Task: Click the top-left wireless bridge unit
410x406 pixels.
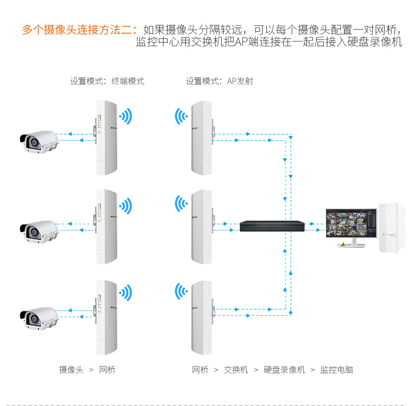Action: tap(107, 138)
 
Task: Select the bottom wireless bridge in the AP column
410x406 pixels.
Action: tap(202, 316)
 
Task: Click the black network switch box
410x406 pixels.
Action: tap(271, 226)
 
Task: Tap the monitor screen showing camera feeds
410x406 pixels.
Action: tap(351, 226)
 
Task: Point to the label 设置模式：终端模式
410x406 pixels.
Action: tap(107, 81)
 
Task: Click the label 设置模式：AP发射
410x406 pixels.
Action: tap(220, 81)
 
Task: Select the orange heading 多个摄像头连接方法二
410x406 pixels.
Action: tap(78, 30)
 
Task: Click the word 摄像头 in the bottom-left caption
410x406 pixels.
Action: tap(71, 370)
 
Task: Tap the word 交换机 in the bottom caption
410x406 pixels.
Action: tap(236, 370)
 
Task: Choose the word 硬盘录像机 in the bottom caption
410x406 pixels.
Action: tap(284, 370)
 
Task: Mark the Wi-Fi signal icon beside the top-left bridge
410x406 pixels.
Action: tap(126, 116)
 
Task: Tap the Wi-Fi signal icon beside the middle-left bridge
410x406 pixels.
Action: tap(126, 206)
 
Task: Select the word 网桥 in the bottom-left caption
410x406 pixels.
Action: tap(107, 370)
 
